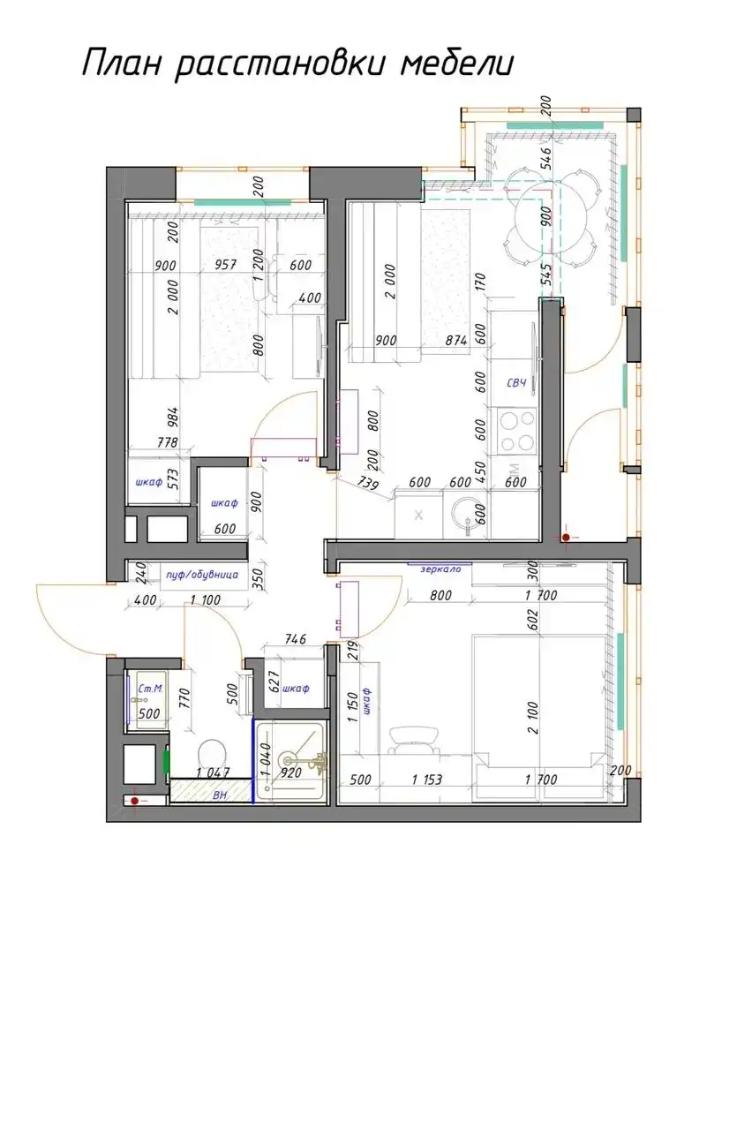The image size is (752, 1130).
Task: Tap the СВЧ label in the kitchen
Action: [516, 382]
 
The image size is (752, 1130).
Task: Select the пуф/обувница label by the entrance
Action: [202, 575]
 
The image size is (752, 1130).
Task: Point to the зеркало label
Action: [440, 569]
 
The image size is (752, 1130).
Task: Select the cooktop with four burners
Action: [518, 430]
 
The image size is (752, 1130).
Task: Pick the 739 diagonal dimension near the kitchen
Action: [370, 483]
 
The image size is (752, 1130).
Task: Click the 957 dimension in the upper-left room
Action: [228, 265]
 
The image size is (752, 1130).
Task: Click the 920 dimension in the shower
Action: [292, 773]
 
